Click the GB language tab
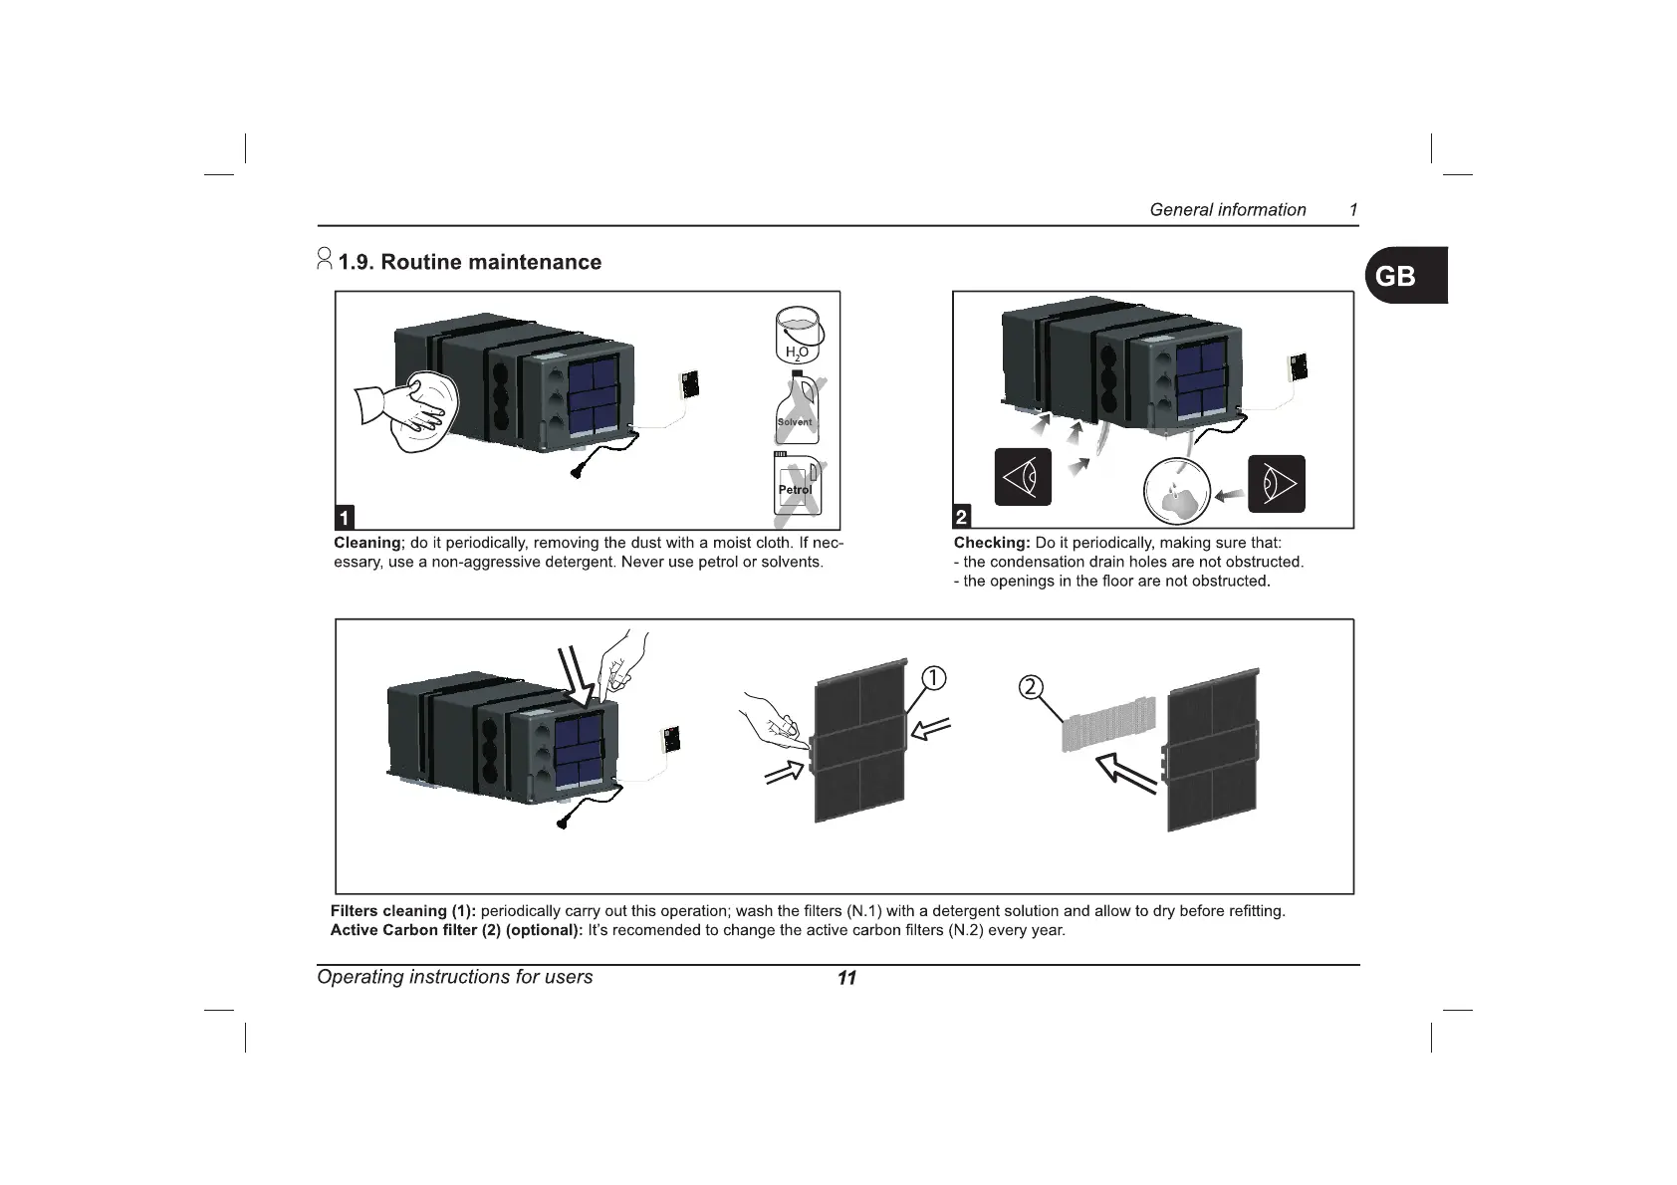tap(1405, 275)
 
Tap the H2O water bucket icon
tap(797, 335)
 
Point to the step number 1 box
tap(344, 517)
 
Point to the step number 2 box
tap(961, 517)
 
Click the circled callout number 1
tap(932, 677)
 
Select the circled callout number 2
tap(1032, 687)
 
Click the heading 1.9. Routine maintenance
tap(469, 262)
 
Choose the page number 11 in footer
tap(846, 978)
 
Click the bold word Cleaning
tap(366, 543)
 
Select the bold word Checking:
tap(991, 543)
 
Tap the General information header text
tap(1227, 210)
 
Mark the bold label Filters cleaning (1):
tap(403, 911)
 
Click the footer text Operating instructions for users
tap(454, 977)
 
